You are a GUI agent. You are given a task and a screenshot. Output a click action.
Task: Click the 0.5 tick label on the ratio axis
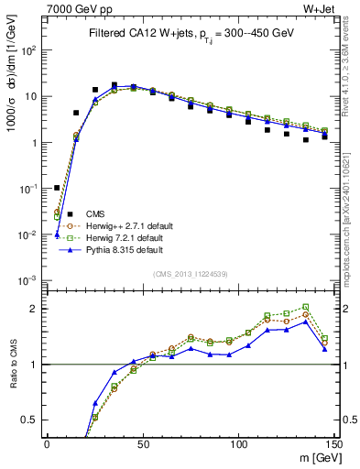[30, 420]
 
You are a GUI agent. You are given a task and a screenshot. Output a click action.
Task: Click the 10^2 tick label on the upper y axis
[30, 51]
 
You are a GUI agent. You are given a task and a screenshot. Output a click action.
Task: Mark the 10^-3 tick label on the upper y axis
[29, 280]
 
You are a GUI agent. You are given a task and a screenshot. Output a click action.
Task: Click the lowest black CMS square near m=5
[57, 188]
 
